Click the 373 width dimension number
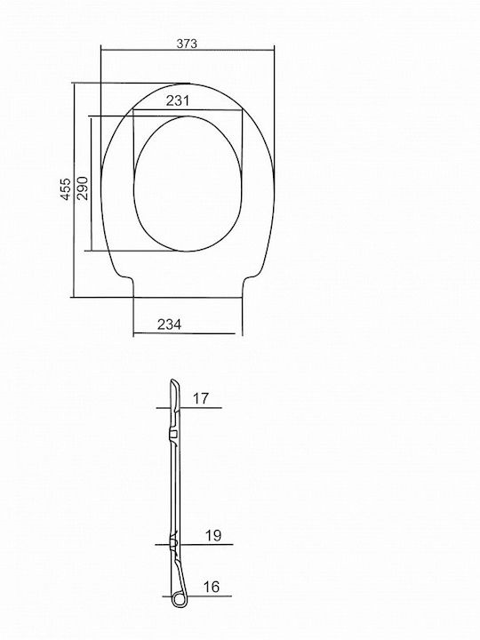[x=187, y=44]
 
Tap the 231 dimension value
[x=178, y=100]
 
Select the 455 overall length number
[x=66, y=189]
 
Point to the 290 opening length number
[x=82, y=188]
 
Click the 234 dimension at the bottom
[x=170, y=324]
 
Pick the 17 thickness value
[x=200, y=398]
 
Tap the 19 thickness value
[x=213, y=535]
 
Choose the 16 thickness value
[x=212, y=587]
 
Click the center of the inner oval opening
[x=188, y=184]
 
